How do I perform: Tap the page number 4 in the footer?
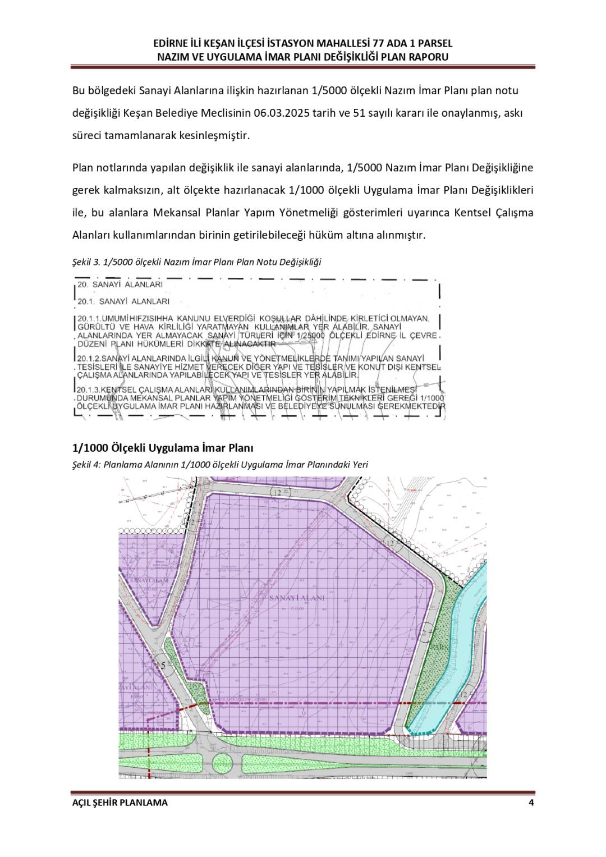[531, 802]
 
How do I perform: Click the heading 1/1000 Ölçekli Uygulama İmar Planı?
[163, 448]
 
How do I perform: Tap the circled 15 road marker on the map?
[162, 666]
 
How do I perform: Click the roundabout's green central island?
[223, 763]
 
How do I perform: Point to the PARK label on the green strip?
[437, 647]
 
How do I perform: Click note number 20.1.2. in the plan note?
[89, 358]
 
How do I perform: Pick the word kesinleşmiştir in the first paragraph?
[216, 136]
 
